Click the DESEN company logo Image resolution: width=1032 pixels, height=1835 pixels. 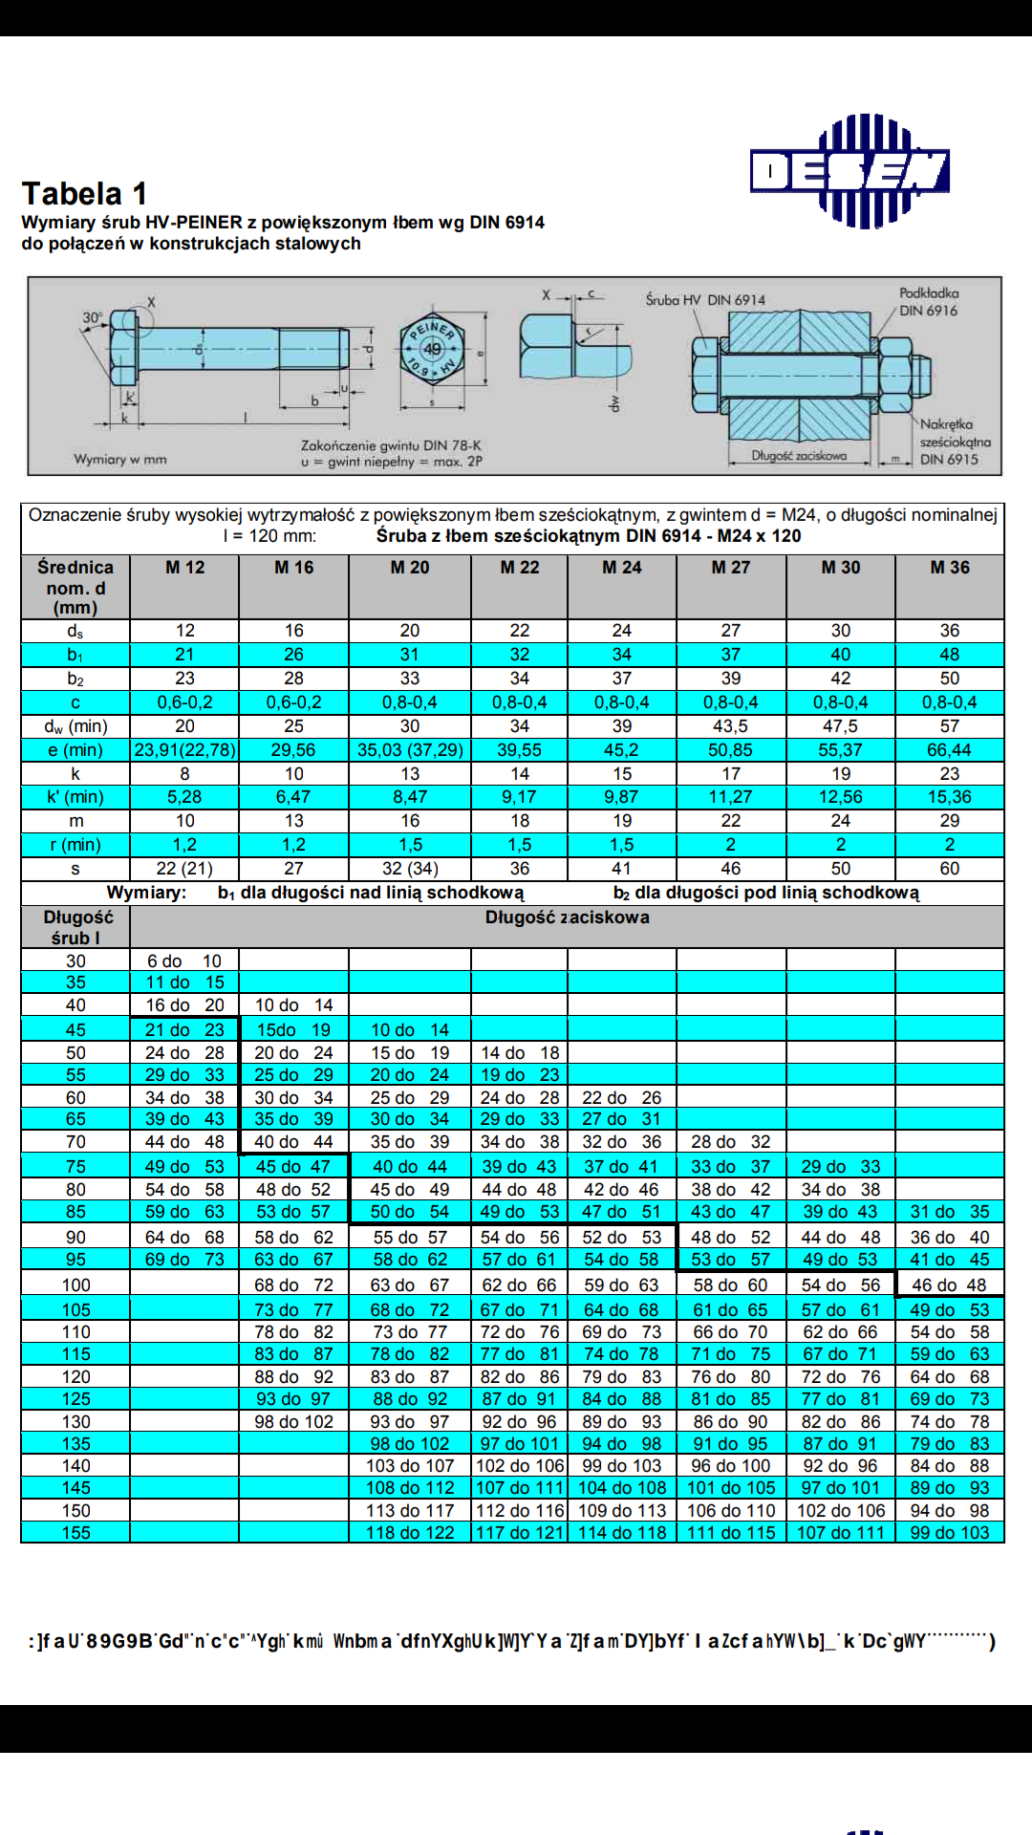point(849,172)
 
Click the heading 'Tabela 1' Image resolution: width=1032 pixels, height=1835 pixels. point(84,194)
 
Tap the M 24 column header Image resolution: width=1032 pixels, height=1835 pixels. point(621,568)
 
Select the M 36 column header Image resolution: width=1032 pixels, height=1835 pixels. point(950,568)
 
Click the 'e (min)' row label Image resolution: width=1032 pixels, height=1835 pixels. point(75,750)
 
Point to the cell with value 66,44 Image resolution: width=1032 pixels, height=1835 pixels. point(949,750)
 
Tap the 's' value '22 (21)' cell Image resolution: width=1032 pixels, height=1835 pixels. point(184,869)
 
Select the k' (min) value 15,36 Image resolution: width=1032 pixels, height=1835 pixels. point(949,797)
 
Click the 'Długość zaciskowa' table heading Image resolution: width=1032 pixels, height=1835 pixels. point(567,917)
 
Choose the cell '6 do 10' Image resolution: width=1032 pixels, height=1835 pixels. point(184,961)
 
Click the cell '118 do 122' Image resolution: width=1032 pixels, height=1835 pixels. point(410,1533)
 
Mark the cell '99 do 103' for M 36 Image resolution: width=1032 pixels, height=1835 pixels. point(949,1533)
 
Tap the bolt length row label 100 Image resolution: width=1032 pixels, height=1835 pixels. point(75,1285)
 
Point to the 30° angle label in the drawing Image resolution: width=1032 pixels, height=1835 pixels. point(93,317)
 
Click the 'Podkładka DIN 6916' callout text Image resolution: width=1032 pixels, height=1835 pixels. point(928,302)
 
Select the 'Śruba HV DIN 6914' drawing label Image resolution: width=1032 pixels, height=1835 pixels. point(705,300)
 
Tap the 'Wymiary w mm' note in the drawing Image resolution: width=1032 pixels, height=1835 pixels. point(120,460)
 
